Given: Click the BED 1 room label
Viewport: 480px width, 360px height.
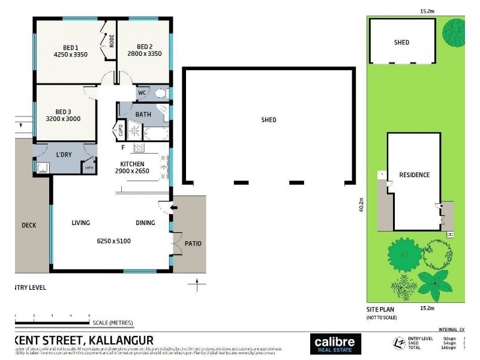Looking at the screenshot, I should [70, 47].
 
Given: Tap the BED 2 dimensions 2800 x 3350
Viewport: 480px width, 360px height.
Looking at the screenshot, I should [145, 54].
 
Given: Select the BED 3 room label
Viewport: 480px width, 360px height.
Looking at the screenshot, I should [63, 111].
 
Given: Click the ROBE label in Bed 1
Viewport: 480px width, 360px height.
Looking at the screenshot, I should [112, 41].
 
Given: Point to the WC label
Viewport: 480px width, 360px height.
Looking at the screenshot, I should [142, 93].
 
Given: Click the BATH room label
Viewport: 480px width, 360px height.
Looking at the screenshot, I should [143, 114].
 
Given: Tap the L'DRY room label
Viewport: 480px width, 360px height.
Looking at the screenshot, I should [64, 155].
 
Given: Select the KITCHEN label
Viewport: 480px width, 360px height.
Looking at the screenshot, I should [132, 164].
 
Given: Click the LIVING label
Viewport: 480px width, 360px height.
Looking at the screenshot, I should [80, 223].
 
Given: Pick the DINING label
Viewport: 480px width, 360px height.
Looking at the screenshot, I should [145, 223].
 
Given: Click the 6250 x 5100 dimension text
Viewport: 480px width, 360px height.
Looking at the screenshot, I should [114, 241].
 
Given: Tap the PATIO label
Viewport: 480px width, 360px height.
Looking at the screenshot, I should [193, 244].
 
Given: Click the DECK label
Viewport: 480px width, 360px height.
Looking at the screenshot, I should [29, 226].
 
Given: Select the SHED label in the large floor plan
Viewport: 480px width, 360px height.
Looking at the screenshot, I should [268, 119].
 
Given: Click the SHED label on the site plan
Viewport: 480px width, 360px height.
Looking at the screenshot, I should [401, 43].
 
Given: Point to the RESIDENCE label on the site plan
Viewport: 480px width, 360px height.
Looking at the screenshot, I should [414, 175].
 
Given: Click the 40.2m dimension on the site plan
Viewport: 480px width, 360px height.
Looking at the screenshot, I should [361, 205].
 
